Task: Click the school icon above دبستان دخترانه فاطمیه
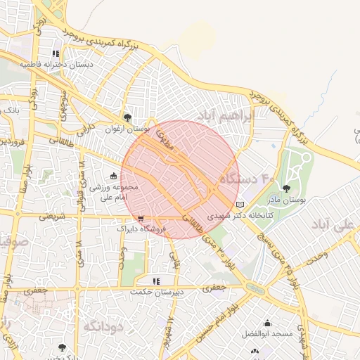point(56,54)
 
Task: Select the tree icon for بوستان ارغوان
point(127,118)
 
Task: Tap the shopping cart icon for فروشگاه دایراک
point(142,218)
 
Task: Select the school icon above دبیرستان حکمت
point(156,281)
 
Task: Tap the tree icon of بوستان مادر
point(286,188)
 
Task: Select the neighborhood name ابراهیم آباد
point(244,114)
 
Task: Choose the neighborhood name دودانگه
point(103,327)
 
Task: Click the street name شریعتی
point(51,216)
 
